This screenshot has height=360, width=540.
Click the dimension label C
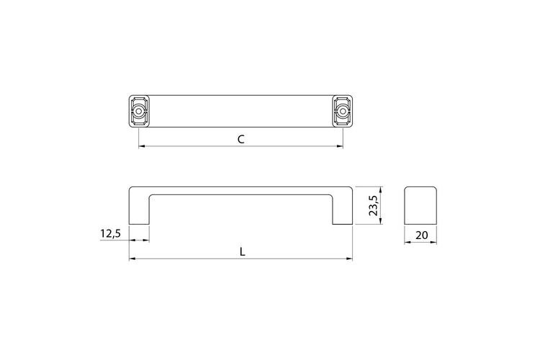pyautogui.click(x=241, y=139)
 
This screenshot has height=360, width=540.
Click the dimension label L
pyautogui.click(x=243, y=252)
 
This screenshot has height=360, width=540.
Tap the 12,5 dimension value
pyautogui.click(x=111, y=233)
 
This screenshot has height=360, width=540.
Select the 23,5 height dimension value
pyautogui.click(x=373, y=205)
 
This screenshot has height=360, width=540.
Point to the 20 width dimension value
pyautogui.click(x=421, y=235)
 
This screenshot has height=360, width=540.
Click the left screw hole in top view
pyautogui.click(x=139, y=112)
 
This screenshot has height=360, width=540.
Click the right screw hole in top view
pyautogui.click(x=342, y=112)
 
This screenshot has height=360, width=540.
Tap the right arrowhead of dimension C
pyautogui.click(x=340, y=146)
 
